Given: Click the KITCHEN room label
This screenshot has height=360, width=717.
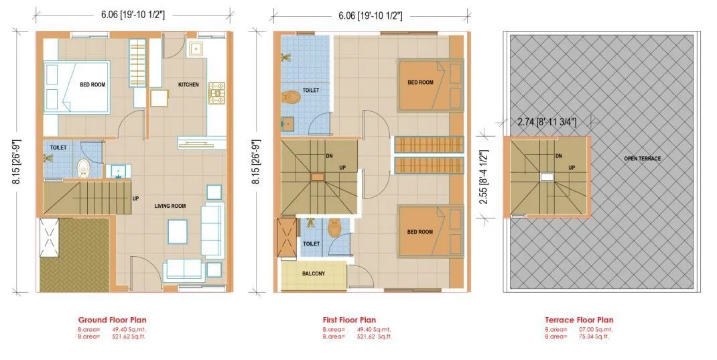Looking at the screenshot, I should click(x=188, y=84).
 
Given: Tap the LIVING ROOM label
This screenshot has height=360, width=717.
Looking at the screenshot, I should click(x=170, y=206).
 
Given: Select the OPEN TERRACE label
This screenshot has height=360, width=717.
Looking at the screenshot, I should click(x=642, y=158).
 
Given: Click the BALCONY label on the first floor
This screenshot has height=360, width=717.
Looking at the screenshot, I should click(x=314, y=274).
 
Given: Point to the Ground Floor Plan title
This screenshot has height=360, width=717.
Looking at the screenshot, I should click(x=112, y=320).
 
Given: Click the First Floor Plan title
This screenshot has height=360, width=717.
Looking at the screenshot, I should click(x=349, y=320).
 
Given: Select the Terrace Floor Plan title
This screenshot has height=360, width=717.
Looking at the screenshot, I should click(x=579, y=320).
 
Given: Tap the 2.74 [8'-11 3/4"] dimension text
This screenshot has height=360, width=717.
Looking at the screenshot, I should click(x=547, y=122).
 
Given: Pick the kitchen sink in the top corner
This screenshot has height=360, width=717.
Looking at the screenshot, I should click(x=196, y=48).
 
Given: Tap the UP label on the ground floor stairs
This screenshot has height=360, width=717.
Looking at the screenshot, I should click(x=135, y=198).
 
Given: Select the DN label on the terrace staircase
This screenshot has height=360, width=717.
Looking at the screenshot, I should click(x=558, y=156).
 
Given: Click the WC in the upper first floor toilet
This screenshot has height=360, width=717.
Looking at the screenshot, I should click(x=292, y=98).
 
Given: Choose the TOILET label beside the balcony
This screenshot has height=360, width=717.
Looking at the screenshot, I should click(x=310, y=244).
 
